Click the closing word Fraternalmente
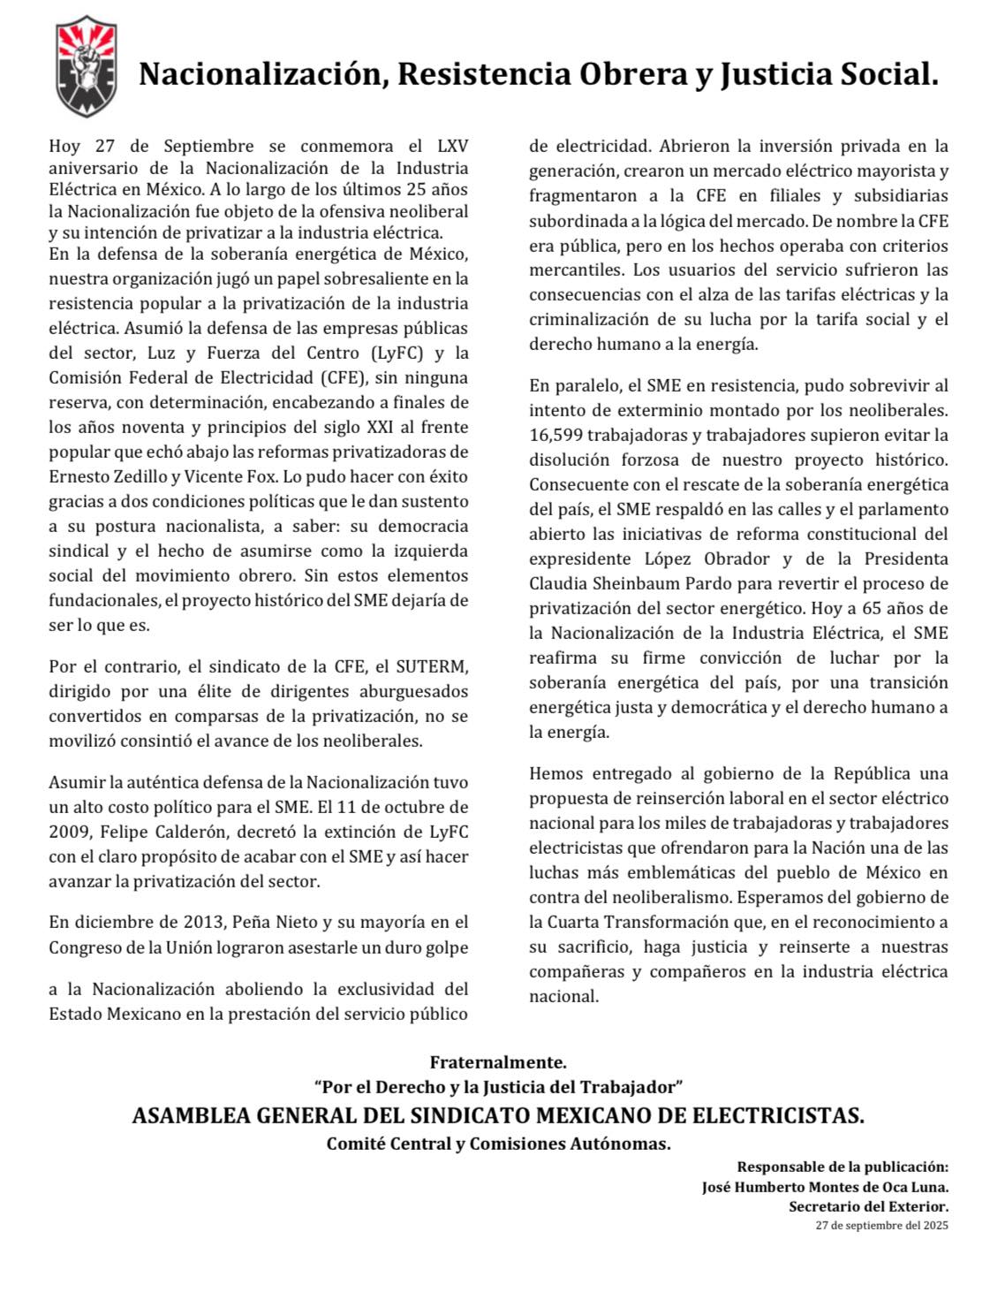(498, 1061)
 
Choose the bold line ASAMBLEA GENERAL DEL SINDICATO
(498, 1115)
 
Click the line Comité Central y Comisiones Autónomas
(498, 1144)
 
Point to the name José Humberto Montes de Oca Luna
(825, 1188)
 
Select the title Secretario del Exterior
(868, 1206)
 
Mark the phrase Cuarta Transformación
(644, 922)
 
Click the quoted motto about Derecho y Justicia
(498, 1086)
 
